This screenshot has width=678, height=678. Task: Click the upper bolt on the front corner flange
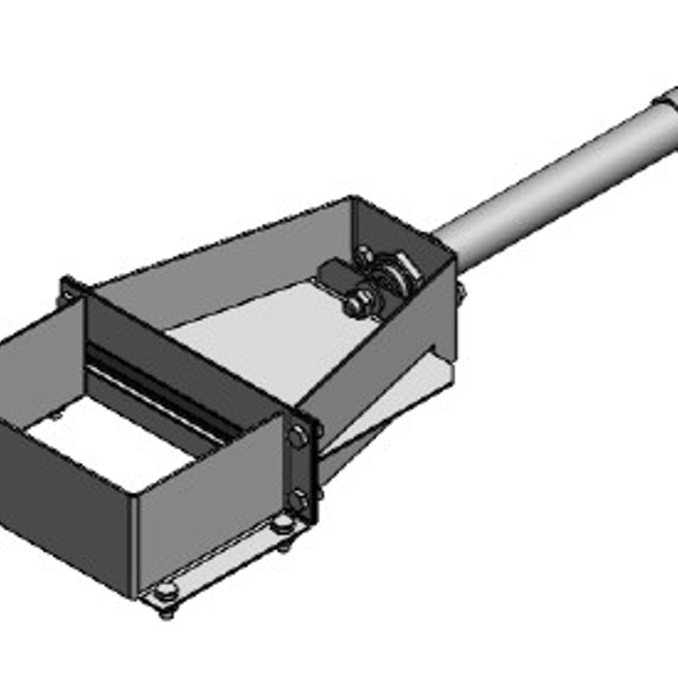point(298,438)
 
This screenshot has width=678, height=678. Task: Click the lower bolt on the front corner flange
point(299,501)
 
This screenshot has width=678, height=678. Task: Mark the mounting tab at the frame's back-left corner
point(69,289)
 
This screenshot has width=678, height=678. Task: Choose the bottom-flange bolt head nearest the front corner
point(282,524)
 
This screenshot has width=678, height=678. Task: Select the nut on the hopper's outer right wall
point(459,291)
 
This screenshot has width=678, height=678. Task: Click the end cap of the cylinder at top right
point(667,98)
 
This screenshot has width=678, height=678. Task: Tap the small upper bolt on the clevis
point(366,256)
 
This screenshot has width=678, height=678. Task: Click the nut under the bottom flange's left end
point(164,612)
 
